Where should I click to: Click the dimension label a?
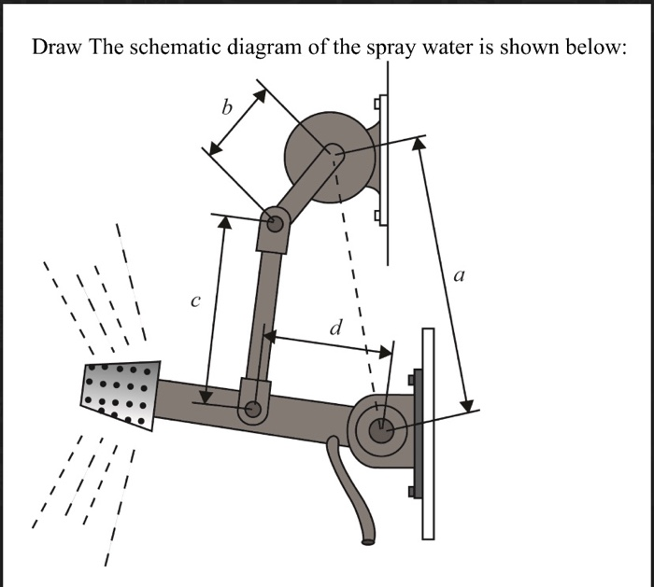click(x=458, y=275)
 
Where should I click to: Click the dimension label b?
click(x=225, y=107)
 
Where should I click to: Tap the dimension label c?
click(x=194, y=301)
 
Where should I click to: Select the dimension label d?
click(x=335, y=328)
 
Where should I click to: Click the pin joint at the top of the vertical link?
click(x=275, y=223)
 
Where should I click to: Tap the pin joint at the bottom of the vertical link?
click(x=251, y=410)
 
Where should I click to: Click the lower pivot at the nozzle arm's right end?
click(x=381, y=430)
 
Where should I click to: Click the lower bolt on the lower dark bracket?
click(x=412, y=492)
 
